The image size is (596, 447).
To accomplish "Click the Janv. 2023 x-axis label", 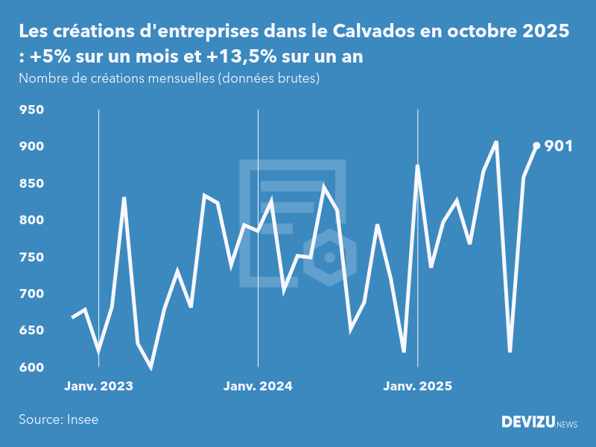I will click(x=98, y=386).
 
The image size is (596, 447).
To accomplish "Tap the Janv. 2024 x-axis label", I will click(x=258, y=386).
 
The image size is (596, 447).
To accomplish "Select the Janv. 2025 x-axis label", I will click(x=417, y=386).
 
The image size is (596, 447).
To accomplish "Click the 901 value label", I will click(x=559, y=146).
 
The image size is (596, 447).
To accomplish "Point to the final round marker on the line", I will click(x=536, y=146).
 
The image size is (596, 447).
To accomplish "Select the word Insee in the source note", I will click(x=82, y=419).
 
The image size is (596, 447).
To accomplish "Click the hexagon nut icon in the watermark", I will click(x=329, y=258).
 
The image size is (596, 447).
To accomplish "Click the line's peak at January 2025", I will click(x=417, y=167).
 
